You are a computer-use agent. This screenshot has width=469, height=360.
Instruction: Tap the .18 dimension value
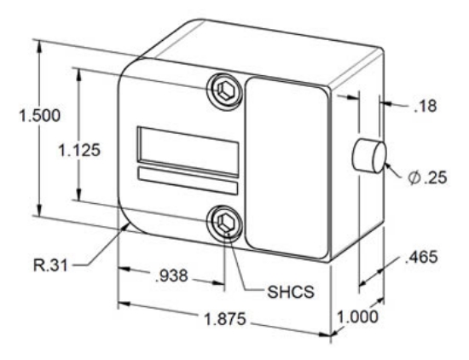point(423,107)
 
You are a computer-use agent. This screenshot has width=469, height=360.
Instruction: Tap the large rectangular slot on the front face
point(188,146)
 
